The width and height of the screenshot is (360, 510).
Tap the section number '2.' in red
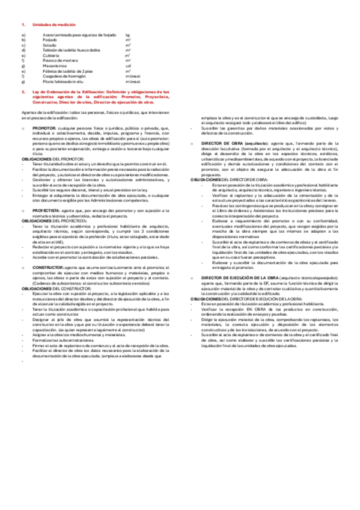tap(23, 91)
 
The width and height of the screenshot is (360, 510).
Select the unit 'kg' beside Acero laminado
tap(127, 35)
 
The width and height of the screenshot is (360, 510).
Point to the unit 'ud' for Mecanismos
tap(128, 66)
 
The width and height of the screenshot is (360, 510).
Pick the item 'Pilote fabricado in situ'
tap(63, 81)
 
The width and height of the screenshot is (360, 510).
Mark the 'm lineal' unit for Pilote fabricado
tap(133, 81)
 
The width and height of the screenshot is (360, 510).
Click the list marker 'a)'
tap(23, 35)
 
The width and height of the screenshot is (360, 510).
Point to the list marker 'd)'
tap(23, 51)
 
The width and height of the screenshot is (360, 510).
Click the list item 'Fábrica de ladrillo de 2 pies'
tap(67, 71)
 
